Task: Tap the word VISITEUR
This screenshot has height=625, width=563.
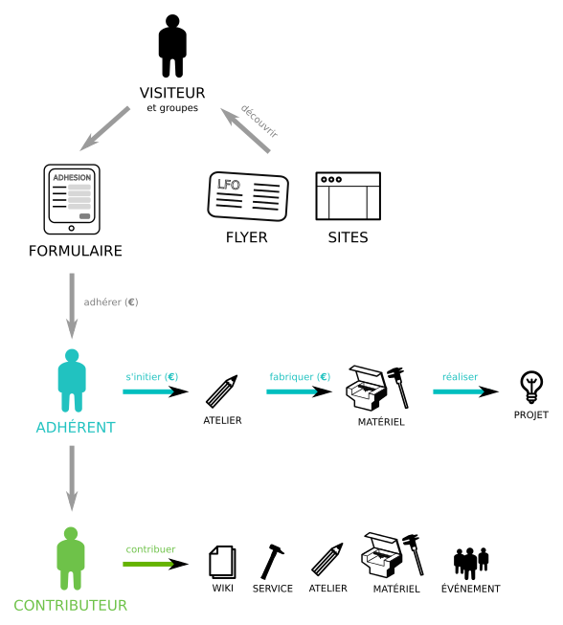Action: pyautogui.click(x=172, y=93)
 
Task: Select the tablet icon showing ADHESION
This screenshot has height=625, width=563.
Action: pyautogui.click(x=72, y=199)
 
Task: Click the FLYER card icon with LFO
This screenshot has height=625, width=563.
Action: pyautogui.click(x=248, y=196)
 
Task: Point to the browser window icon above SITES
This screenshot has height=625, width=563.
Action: pyautogui.click(x=349, y=195)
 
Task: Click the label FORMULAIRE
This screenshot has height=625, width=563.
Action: pyautogui.click(x=76, y=251)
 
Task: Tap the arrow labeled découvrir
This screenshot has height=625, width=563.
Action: pyautogui.click(x=245, y=130)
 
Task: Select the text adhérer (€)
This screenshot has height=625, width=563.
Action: pyautogui.click(x=111, y=302)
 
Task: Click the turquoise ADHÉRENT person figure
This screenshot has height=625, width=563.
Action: pyautogui.click(x=72, y=381)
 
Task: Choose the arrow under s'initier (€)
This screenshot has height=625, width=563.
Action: pyautogui.click(x=155, y=391)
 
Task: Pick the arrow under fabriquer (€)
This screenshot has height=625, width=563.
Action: pyautogui.click(x=299, y=391)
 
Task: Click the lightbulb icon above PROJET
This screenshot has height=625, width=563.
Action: pyautogui.click(x=531, y=388)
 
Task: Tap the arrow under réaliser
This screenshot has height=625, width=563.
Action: pyautogui.click(x=465, y=391)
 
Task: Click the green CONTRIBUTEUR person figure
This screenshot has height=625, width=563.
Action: pyautogui.click(x=71, y=558)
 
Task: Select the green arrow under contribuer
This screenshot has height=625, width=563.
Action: pyautogui.click(x=155, y=564)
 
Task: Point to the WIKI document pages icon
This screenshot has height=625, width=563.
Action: pyautogui.click(x=222, y=562)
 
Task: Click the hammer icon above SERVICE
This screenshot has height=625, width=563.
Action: pyautogui.click(x=272, y=562)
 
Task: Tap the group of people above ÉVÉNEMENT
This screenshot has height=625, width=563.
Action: pyautogui.click(x=471, y=563)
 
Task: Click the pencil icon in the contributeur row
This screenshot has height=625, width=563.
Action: pyautogui.click(x=327, y=559)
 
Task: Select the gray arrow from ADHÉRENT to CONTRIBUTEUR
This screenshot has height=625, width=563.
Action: pyautogui.click(x=72, y=479)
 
